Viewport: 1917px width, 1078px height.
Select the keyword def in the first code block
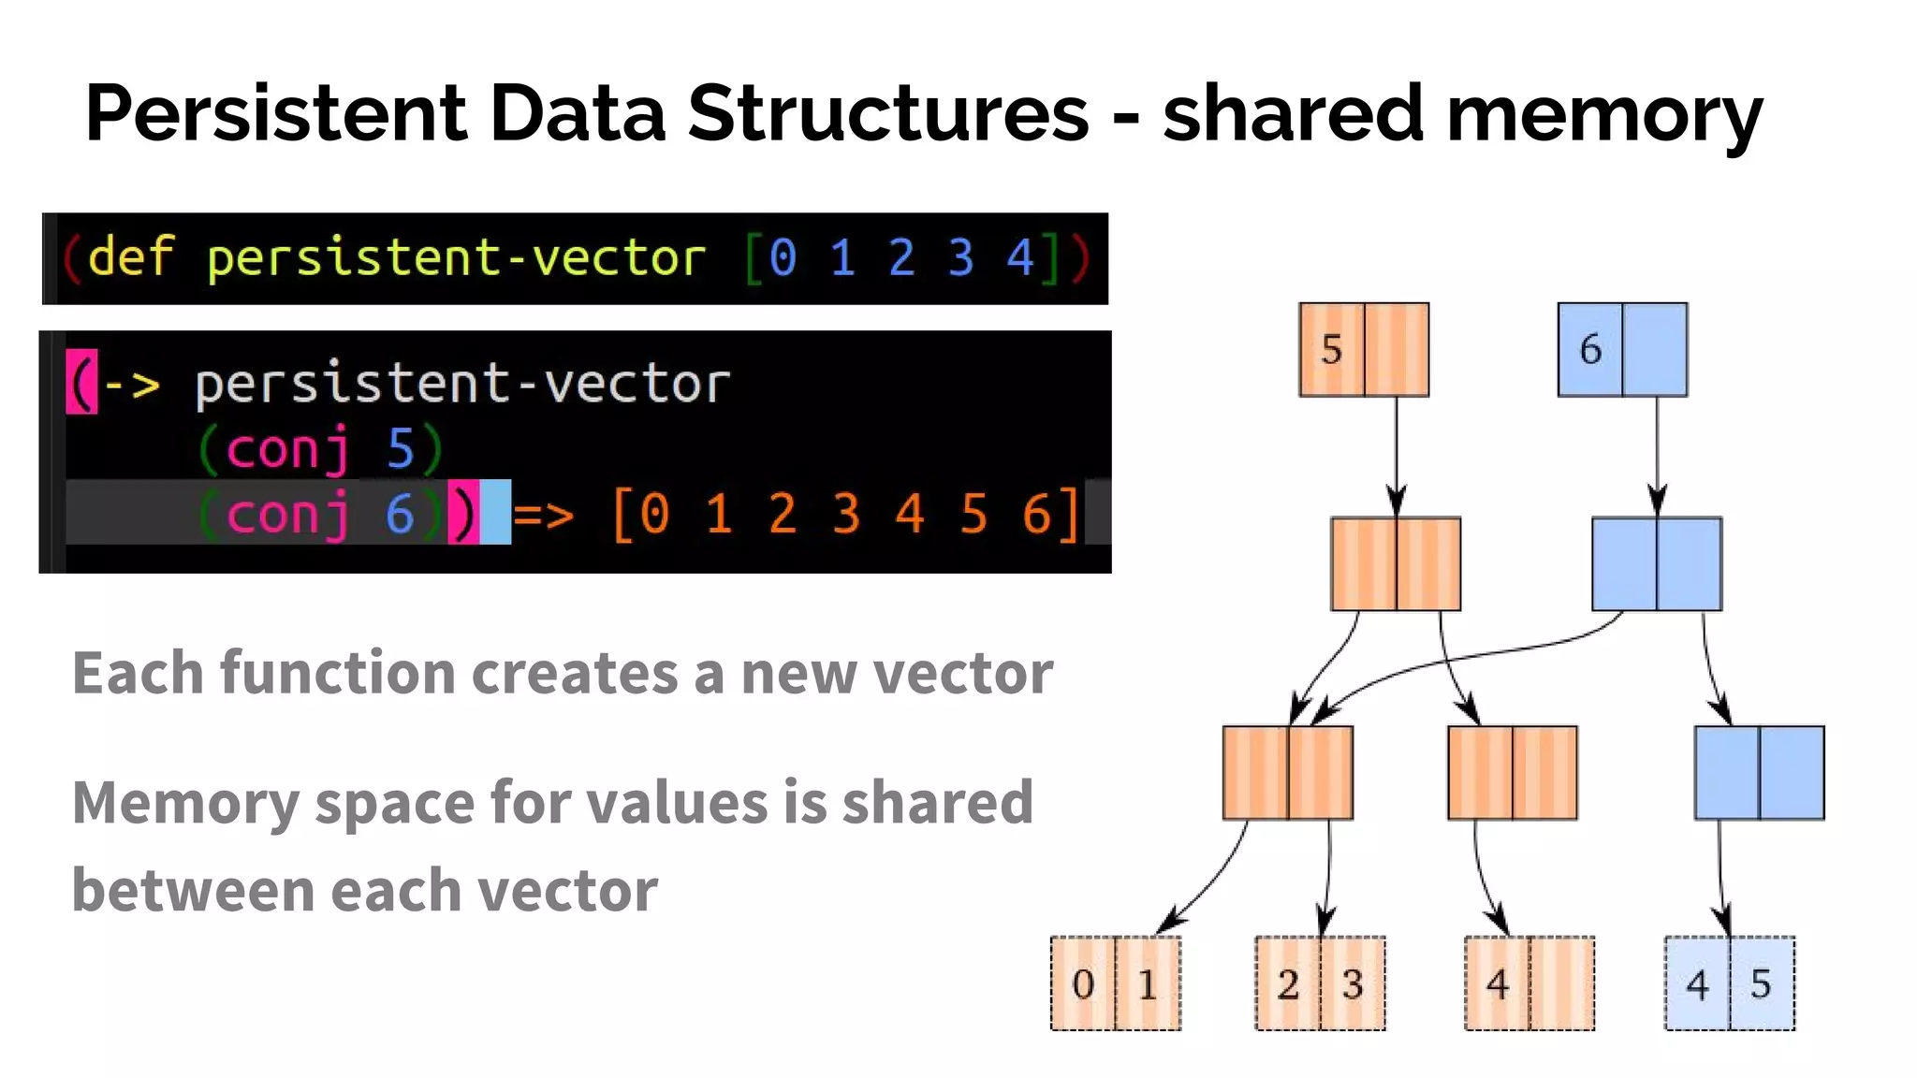click(130, 256)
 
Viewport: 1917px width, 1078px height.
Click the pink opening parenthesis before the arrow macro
click(81, 382)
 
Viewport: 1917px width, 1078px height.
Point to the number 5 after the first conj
click(400, 448)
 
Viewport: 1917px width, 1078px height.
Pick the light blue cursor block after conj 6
click(496, 512)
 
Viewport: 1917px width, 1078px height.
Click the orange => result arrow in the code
click(544, 514)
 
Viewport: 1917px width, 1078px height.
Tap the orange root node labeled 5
click(1332, 350)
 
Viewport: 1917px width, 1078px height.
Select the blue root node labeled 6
click(1590, 350)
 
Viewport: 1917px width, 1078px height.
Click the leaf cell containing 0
click(1083, 983)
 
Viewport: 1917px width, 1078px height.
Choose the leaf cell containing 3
click(1352, 983)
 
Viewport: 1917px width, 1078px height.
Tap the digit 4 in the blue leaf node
click(1697, 983)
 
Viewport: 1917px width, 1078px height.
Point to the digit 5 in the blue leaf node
click(1761, 983)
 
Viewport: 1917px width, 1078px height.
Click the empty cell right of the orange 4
click(1561, 983)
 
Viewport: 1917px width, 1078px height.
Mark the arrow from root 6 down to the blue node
click(1657, 457)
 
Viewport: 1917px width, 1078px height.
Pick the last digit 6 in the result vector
click(1036, 514)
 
